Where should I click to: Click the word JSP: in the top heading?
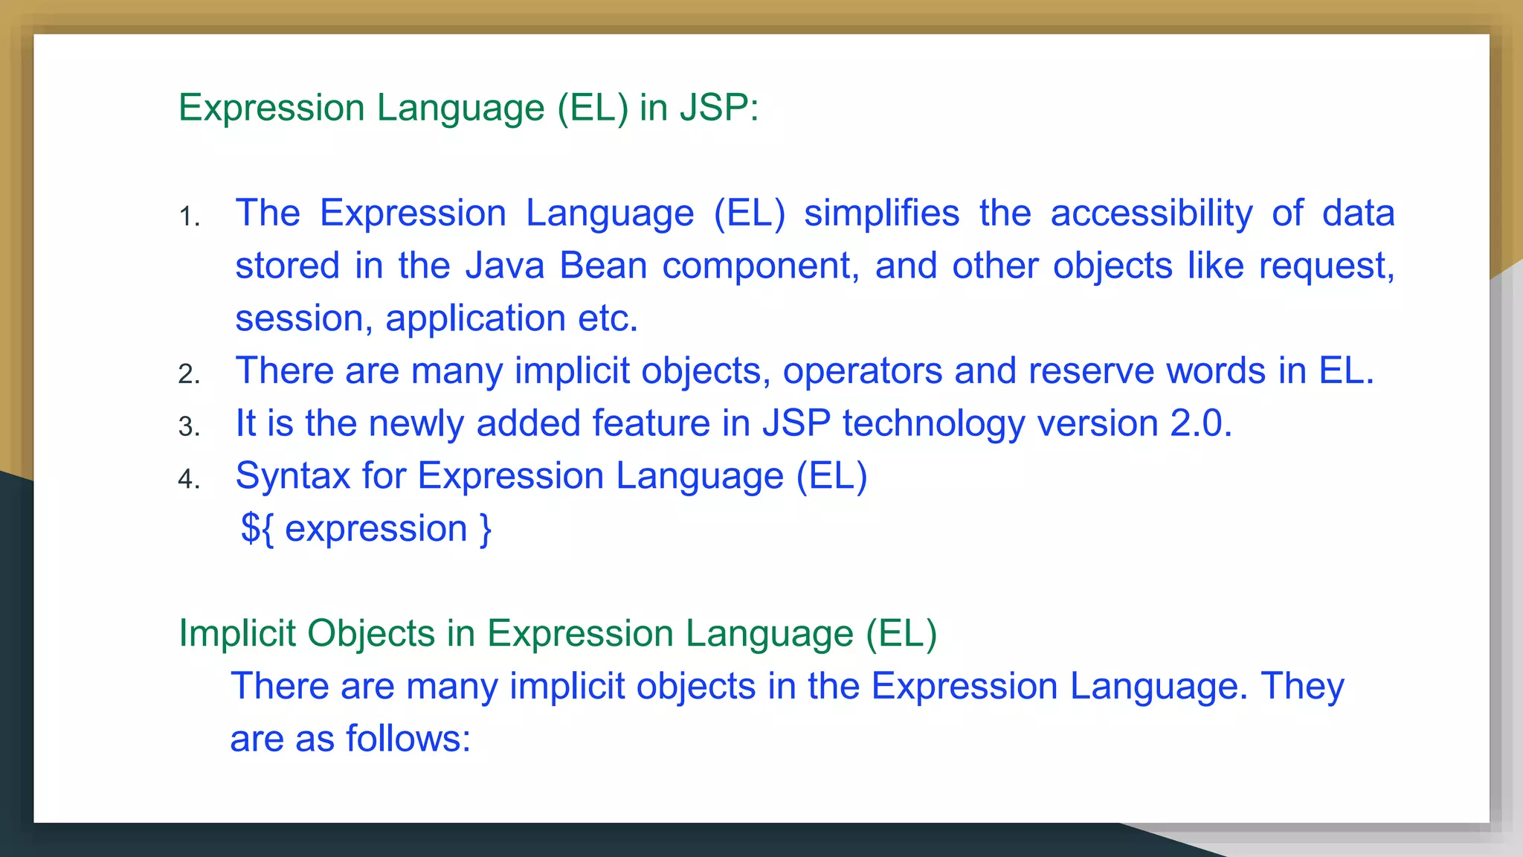pos(719,108)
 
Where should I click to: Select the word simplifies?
pos(882,214)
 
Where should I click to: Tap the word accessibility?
pos(1151,214)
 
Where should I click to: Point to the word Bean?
pos(603,266)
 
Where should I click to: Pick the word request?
pos(1327,266)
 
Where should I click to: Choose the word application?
pos(475,319)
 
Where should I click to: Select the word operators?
pos(863,370)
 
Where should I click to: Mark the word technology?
pos(934,424)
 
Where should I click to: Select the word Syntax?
pos(292,476)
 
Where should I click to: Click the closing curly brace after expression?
pos(486,529)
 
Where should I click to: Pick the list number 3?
pos(189,427)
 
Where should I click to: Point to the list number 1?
pos(189,217)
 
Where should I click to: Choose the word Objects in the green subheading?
pos(371,634)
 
